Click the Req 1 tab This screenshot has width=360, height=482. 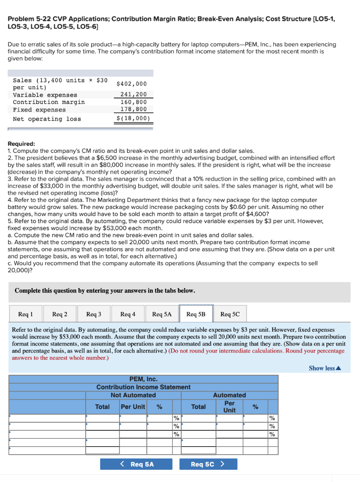[x=25, y=314]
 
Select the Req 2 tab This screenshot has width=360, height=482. [x=59, y=314]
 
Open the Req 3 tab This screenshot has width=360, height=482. [x=94, y=314]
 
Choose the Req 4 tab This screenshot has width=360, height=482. [x=128, y=314]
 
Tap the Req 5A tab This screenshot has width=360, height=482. [x=162, y=314]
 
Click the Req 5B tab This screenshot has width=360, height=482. [x=196, y=314]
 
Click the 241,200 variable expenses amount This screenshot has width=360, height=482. [x=134, y=95]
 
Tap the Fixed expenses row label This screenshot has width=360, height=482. [x=40, y=110]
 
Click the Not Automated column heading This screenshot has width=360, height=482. [x=133, y=395]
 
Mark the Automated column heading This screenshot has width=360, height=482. [x=229, y=395]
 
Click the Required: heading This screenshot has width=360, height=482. [x=22, y=144]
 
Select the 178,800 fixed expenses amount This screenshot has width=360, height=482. [x=134, y=110]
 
